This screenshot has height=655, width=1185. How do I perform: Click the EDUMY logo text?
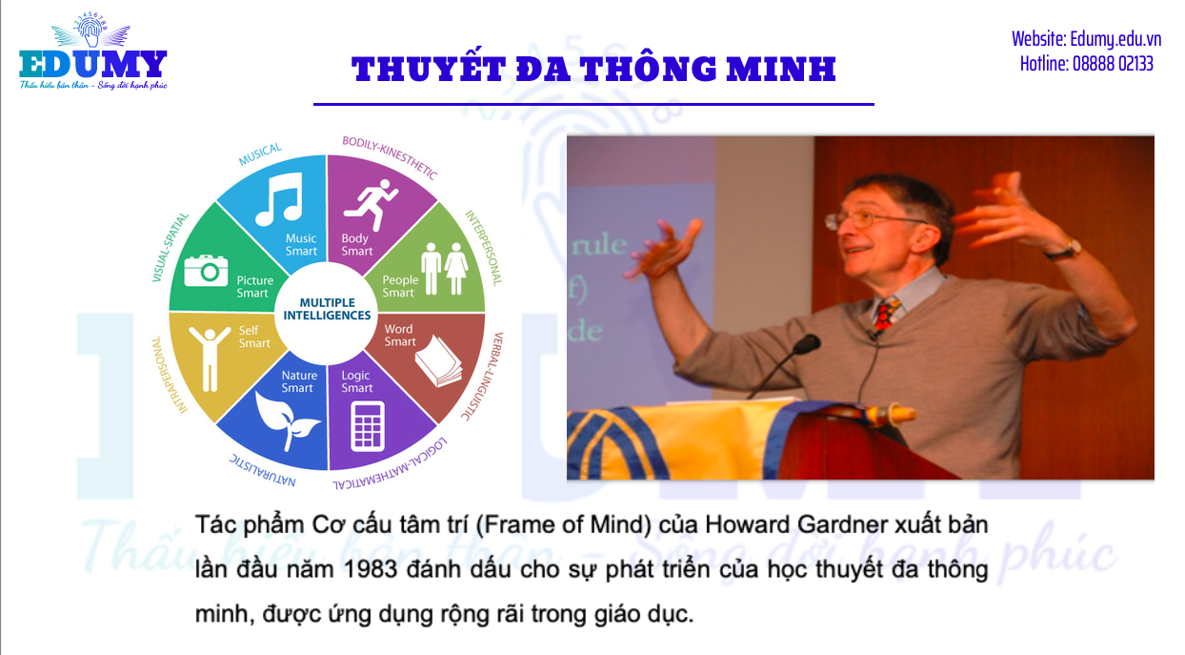coord(93,65)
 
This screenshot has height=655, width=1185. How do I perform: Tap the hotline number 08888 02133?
coord(1113,64)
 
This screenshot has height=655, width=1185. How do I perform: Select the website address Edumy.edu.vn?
coord(1115,39)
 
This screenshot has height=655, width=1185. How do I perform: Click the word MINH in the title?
coord(780,69)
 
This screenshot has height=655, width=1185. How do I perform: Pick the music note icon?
coord(280,199)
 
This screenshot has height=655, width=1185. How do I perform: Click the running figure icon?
coord(371,204)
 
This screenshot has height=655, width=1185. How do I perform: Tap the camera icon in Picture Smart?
coord(206,271)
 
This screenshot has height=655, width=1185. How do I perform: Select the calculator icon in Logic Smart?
coord(368,427)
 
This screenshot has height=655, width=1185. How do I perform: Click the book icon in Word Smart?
coord(438,360)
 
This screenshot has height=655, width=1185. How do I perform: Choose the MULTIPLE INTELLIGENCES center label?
coord(327,309)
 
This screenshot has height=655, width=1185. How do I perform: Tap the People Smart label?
coord(400,286)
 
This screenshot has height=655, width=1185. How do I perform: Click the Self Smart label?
coord(254,337)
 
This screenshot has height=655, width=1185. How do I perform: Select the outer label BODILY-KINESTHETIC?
coord(390,157)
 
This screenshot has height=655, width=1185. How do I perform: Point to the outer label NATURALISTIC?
coord(262,470)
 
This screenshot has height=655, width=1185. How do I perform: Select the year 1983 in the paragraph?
coord(371,570)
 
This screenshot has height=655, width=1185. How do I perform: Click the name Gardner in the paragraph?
coord(842,524)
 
